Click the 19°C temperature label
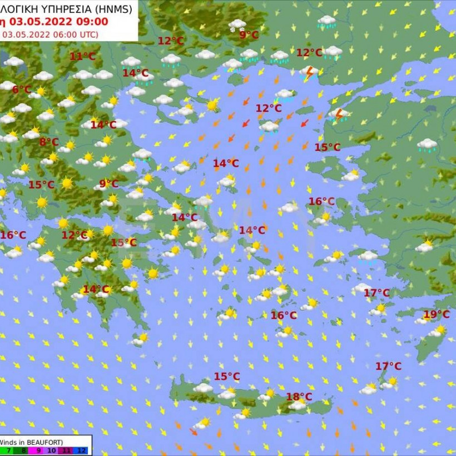[437, 315]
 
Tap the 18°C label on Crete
[299, 396]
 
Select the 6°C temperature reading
[22, 90]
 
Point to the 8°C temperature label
[48, 142]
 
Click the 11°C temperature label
[82, 56]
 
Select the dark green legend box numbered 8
[23, 450]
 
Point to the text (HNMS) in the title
[113, 8]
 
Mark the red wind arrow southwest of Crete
[193, 432]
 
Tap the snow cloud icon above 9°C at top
[237, 24]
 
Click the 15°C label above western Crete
[227, 376]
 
